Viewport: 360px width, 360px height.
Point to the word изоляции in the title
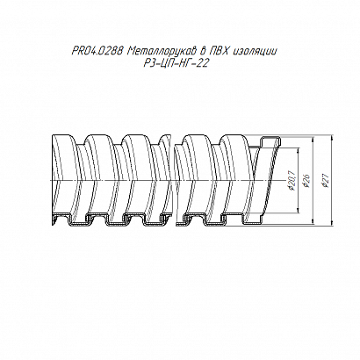tap(255, 52)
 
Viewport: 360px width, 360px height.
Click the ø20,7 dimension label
tap(292, 181)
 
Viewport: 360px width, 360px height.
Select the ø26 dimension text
tap(307, 181)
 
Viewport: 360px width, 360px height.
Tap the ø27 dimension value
tap(326, 181)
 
